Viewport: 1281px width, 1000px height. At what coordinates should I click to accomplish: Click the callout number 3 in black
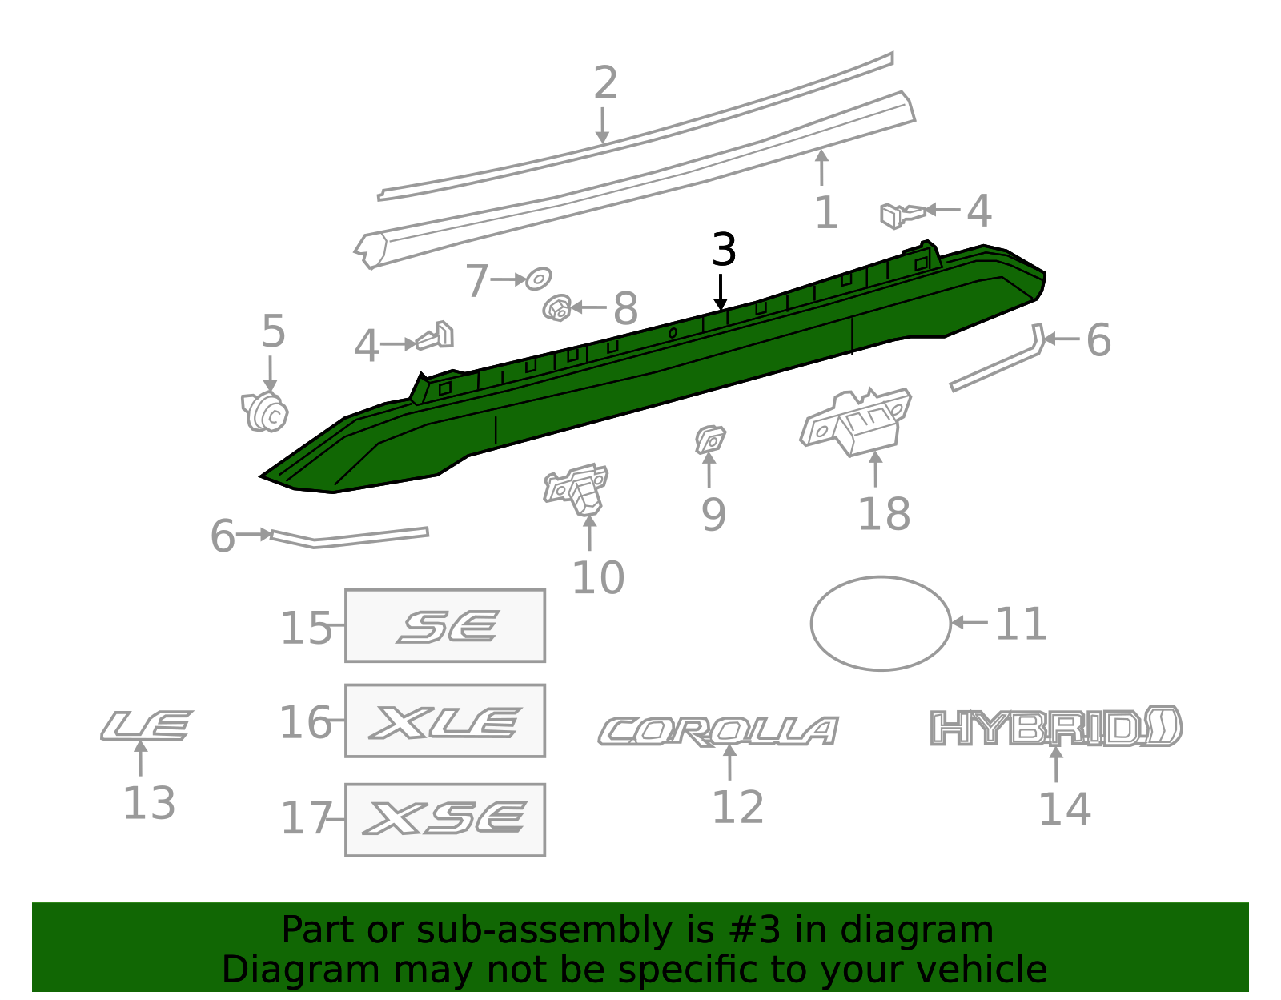(724, 250)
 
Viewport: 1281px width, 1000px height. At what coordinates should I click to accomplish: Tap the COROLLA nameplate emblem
(718, 731)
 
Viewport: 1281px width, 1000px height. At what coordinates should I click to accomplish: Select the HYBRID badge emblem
(1056, 726)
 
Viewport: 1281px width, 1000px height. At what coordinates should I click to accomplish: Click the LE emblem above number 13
(147, 725)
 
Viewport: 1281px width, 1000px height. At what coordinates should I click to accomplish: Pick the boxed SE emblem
(445, 626)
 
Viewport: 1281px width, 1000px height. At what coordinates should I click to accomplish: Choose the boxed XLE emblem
(445, 721)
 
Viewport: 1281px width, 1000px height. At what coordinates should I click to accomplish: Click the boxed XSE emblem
(445, 820)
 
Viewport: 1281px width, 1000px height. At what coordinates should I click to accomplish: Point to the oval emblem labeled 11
(881, 624)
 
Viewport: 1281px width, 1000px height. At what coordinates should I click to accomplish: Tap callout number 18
(884, 514)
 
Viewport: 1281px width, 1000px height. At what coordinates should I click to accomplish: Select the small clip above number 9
(709, 440)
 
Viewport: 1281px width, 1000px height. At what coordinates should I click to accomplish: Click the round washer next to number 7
(538, 279)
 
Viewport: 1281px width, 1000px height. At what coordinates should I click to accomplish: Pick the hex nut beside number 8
(557, 307)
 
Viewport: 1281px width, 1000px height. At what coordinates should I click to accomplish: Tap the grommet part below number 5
(265, 412)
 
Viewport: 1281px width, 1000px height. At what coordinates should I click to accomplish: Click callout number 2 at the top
(606, 83)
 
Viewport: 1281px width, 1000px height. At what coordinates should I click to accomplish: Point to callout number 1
(825, 213)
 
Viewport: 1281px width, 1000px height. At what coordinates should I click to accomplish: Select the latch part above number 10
(577, 487)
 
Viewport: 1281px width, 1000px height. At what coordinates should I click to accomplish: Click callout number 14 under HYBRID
(1064, 809)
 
